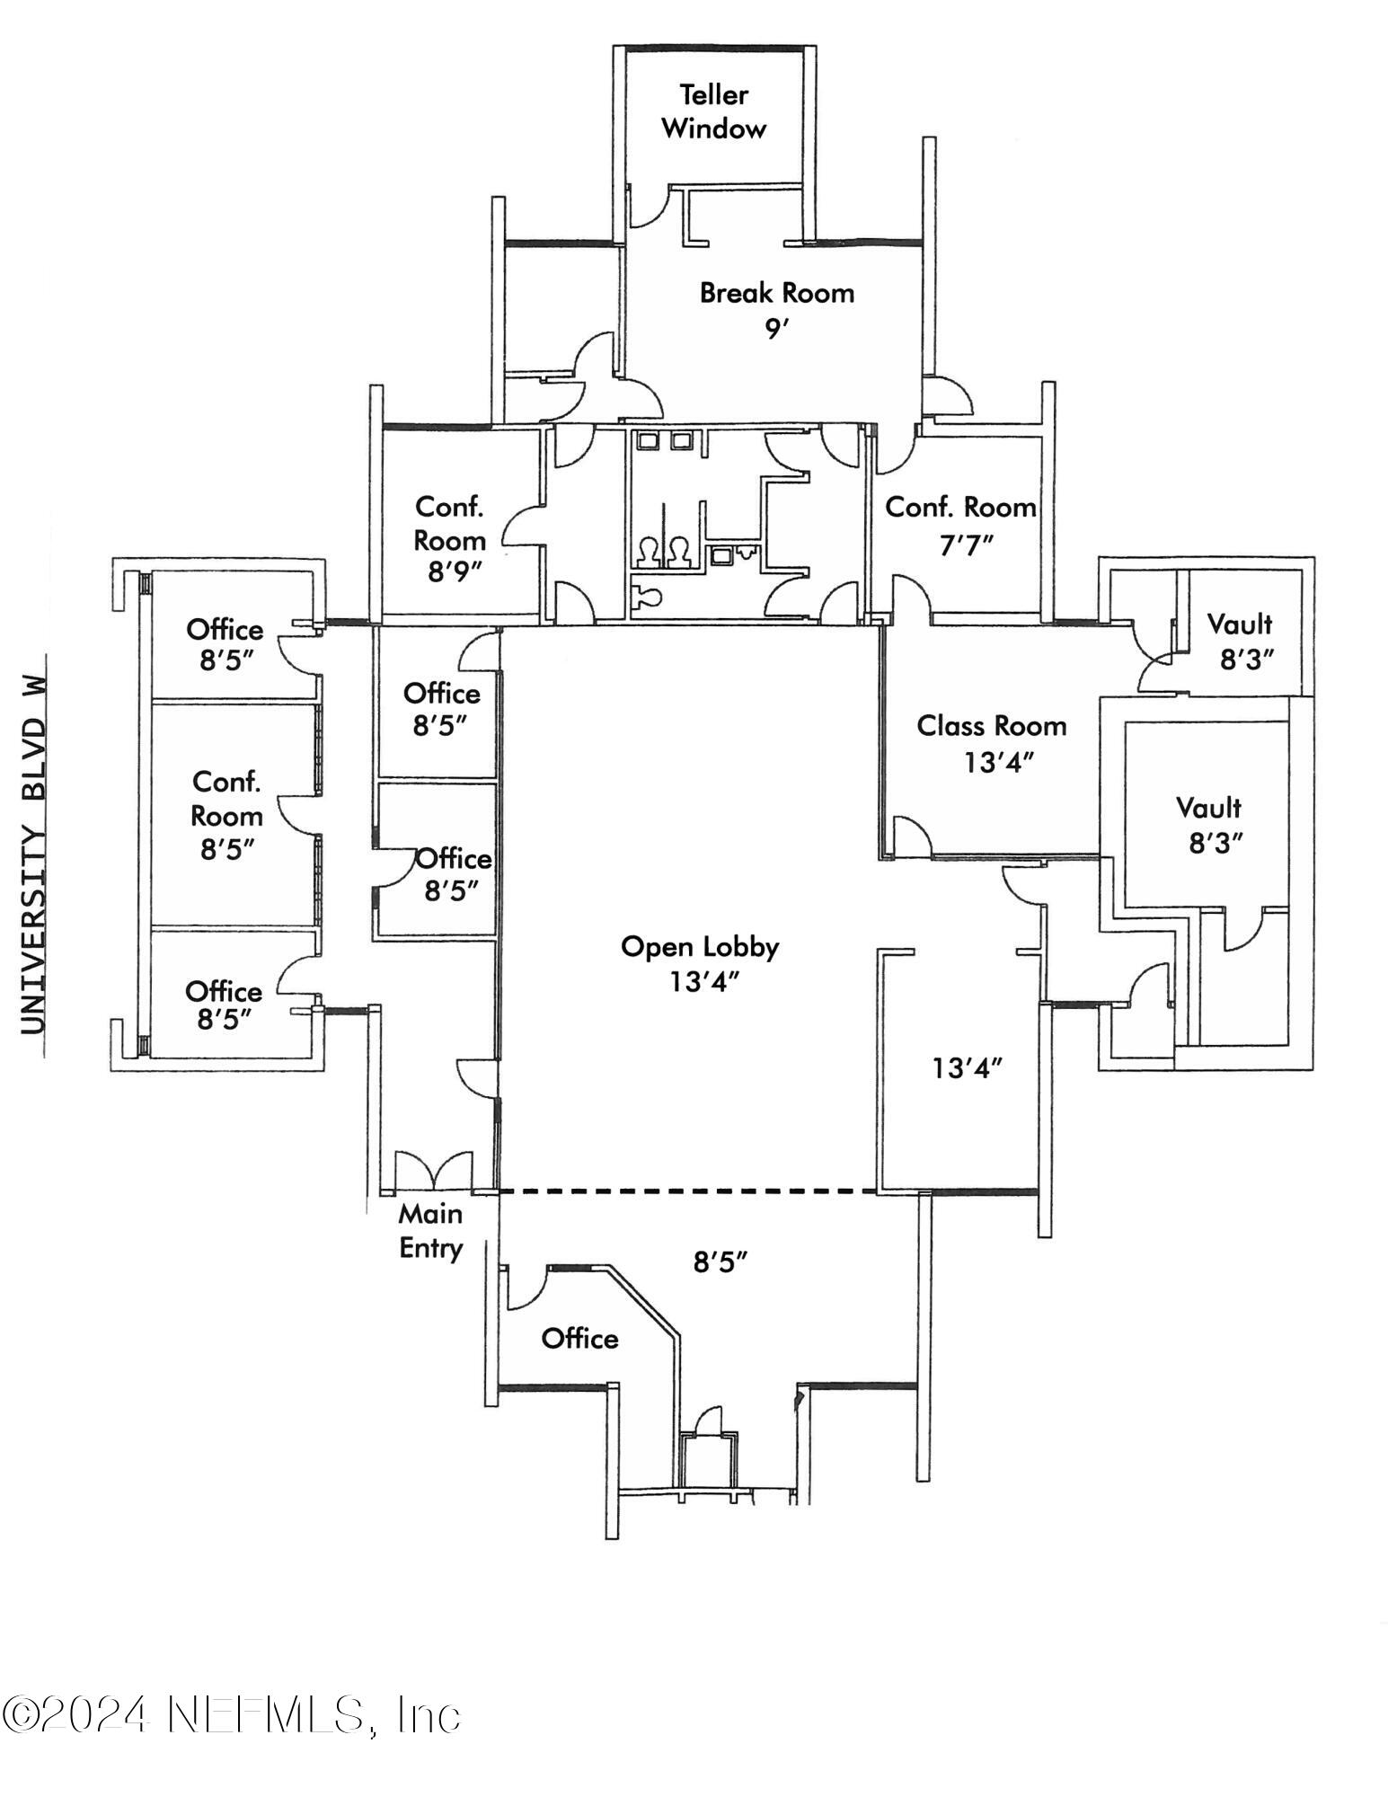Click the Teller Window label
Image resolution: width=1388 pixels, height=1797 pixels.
[713, 111]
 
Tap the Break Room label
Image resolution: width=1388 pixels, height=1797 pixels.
[776, 293]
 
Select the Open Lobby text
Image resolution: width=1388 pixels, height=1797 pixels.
[700, 947]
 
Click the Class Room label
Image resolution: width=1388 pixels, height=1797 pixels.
[991, 726]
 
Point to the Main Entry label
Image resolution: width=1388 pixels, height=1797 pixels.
[430, 1231]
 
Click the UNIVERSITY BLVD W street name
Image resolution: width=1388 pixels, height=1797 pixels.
[33, 845]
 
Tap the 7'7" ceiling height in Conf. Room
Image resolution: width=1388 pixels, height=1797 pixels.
[965, 544]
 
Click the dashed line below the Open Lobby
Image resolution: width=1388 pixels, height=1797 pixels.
[687, 1191]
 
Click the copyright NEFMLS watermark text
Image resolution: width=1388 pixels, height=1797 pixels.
[231, 1714]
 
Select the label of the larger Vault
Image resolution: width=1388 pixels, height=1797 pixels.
[1208, 808]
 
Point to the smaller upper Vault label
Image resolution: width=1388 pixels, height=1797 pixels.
[1239, 624]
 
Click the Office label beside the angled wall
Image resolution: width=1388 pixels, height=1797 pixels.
[579, 1339]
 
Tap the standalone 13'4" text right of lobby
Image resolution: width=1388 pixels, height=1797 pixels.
[967, 1068]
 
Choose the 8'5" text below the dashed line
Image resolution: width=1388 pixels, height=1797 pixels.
[721, 1262]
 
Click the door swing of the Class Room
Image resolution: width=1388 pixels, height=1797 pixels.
[911, 837]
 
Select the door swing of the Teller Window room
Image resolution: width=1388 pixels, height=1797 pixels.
[647, 207]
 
